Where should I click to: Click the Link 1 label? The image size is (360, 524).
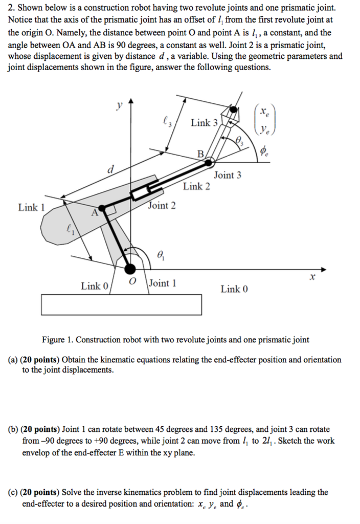[x=32, y=207]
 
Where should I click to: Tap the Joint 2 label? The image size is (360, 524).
[x=162, y=206]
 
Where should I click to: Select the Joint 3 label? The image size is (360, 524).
[x=228, y=175]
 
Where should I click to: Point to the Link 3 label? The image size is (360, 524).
[x=204, y=123]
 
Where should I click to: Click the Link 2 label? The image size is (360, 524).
[x=196, y=186]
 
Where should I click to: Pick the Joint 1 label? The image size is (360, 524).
[x=163, y=283]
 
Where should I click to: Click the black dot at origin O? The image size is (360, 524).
[x=131, y=268]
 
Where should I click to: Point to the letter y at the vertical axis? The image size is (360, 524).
[x=119, y=105]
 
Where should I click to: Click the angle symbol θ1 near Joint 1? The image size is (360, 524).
[x=161, y=254]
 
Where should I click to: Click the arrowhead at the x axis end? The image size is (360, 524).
[x=323, y=269]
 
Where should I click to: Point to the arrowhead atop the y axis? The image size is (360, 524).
[x=131, y=101]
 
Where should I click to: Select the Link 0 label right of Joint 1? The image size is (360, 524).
[x=234, y=289]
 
